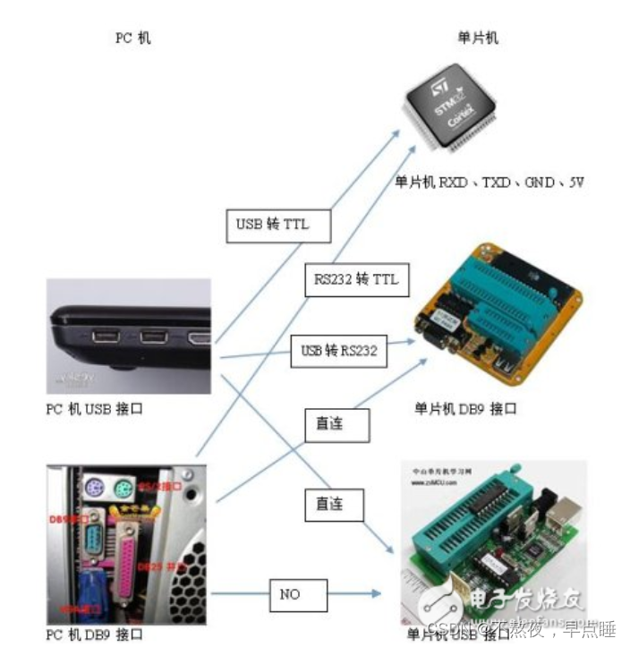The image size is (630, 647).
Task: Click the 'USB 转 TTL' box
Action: [278, 225]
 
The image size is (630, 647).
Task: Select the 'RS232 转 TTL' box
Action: [356, 280]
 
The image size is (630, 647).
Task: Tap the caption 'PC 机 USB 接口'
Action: [94, 409]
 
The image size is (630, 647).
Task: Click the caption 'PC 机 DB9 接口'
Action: [94, 634]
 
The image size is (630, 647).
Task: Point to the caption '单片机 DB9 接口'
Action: [465, 409]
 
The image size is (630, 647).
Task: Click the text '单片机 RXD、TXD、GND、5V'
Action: [489, 182]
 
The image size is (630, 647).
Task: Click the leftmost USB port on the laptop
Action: [105, 337]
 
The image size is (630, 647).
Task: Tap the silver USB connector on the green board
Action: [562, 509]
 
